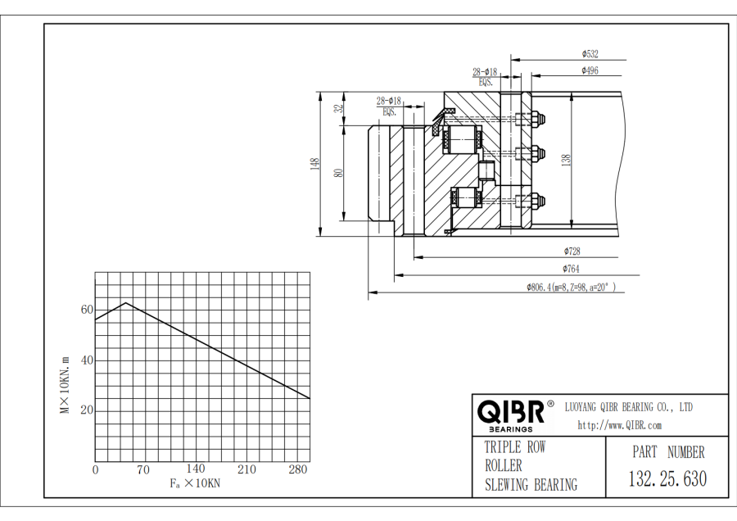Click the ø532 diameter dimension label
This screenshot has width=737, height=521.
(590, 54)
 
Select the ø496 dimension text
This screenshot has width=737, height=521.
(590, 71)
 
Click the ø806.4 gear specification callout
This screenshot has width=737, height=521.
(571, 288)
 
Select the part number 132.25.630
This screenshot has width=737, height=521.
(667, 479)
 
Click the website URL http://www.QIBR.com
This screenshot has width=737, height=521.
(619, 425)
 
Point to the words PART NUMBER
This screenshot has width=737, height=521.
(667, 451)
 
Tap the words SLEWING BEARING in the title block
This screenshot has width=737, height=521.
(531, 485)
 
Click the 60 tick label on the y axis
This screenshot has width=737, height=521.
(87, 310)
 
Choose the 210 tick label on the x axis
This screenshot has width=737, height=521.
(246, 469)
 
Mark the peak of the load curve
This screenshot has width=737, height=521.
(125, 302)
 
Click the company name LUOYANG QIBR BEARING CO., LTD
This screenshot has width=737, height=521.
(630, 407)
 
